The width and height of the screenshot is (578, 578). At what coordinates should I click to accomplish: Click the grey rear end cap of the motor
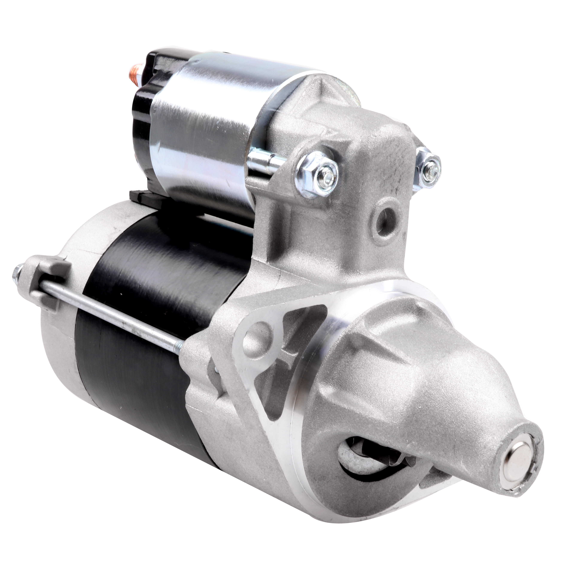60,329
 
